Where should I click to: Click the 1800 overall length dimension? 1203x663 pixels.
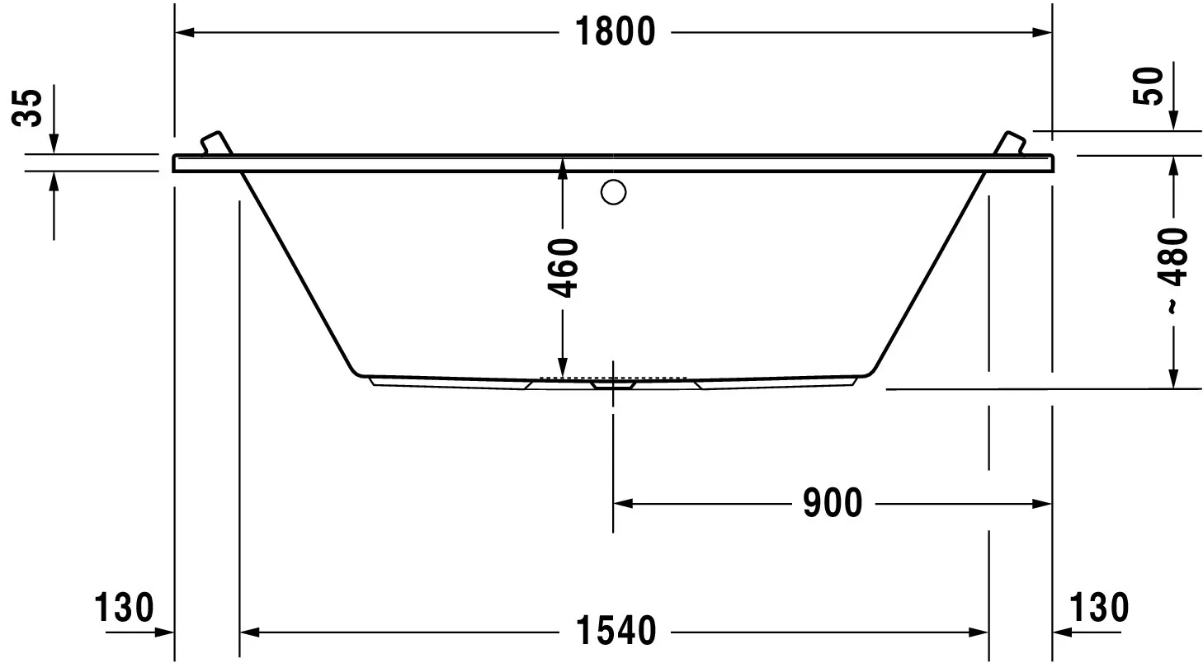(614, 32)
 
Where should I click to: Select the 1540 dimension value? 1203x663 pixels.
(614, 632)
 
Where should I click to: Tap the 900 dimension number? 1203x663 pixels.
(832, 503)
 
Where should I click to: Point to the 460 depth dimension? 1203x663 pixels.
(563, 268)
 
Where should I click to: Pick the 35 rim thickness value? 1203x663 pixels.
(30, 108)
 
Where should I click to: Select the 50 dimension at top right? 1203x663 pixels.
(1149, 87)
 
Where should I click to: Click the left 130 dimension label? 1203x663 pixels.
(124, 609)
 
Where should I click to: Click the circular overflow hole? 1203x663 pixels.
(614, 193)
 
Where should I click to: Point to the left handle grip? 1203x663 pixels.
(215, 142)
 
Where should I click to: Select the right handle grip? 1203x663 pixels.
(1012, 142)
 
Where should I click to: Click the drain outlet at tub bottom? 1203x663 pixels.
(612, 383)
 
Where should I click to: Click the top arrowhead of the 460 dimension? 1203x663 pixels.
(563, 167)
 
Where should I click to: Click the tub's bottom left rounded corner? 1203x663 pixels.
(356, 369)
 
